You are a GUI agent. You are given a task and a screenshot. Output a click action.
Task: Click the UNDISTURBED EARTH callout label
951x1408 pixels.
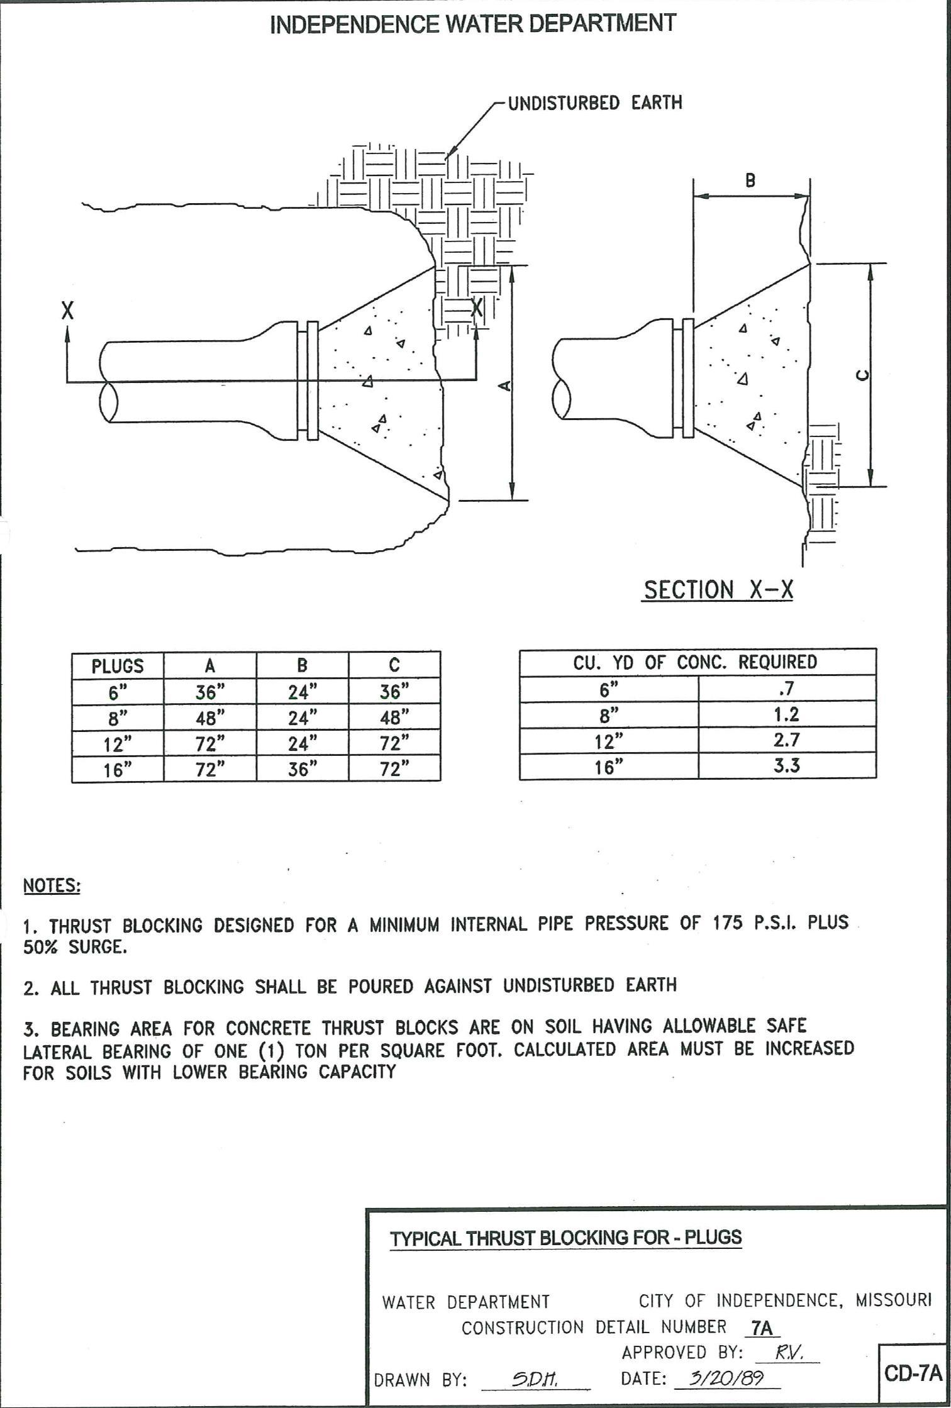594,103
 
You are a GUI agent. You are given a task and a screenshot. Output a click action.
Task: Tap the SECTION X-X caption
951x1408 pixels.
718,590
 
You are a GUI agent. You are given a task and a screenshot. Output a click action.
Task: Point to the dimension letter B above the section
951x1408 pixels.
750,180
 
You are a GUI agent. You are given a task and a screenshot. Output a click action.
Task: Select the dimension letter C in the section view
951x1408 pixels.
863,375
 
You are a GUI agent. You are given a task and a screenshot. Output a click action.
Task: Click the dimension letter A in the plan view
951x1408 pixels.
504,385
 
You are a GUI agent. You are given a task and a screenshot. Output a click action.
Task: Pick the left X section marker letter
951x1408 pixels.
67,310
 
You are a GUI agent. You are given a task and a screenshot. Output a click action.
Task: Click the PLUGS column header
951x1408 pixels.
118,666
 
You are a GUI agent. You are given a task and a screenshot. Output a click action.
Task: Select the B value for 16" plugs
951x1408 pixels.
303,770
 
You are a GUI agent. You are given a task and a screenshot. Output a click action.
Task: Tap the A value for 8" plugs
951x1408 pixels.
210,718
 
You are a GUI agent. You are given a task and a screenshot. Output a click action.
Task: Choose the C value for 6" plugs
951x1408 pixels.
394,692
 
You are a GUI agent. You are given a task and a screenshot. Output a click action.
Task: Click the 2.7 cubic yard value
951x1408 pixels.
786,740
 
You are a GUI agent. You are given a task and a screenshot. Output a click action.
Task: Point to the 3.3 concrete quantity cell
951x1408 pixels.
786,766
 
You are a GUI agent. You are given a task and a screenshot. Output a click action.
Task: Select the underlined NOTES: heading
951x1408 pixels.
52,885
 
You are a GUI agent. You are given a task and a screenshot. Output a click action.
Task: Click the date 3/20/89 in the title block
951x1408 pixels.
726,1378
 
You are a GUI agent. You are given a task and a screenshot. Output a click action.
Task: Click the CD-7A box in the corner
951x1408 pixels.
913,1373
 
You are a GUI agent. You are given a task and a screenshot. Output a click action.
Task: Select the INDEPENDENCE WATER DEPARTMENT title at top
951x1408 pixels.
472,24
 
